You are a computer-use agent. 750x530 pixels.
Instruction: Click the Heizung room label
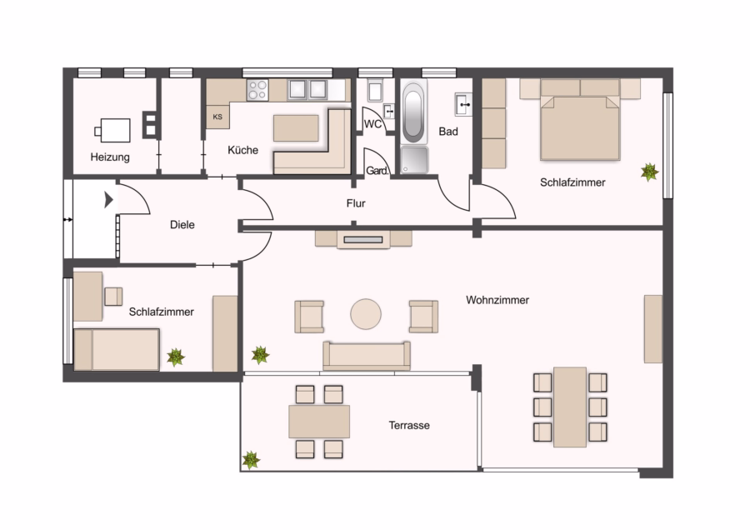click(110, 157)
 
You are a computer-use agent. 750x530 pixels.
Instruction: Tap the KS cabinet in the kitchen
click(217, 117)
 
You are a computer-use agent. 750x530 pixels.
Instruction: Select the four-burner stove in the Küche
click(257, 90)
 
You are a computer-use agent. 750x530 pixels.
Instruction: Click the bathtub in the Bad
click(413, 113)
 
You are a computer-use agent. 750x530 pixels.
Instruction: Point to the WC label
click(372, 124)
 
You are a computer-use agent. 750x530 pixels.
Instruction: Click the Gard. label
click(377, 171)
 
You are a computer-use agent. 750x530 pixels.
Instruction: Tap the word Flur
click(356, 204)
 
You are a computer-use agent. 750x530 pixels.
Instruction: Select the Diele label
click(182, 225)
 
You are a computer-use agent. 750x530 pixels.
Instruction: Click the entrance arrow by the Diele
click(108, 199)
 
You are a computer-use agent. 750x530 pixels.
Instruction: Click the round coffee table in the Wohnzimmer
click(366, 314)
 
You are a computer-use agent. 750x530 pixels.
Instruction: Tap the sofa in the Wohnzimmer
click(367, 356)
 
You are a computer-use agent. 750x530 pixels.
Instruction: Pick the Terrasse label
click(409, 425)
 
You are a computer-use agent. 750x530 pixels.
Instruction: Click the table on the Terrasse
click(319, 422)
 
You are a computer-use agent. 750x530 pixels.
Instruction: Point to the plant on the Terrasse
click(251, 460)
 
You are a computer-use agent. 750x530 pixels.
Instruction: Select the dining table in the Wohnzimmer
click(570, 407)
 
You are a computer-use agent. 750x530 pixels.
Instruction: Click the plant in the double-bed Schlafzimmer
click(649, 172)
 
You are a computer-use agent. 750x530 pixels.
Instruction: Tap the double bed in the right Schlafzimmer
click(580, 120)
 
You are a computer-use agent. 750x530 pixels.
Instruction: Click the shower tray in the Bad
click(414, 160)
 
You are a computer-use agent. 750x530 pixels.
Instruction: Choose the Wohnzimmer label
click(497, 300)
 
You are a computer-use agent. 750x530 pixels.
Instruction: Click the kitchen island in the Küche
click(296, 128)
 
